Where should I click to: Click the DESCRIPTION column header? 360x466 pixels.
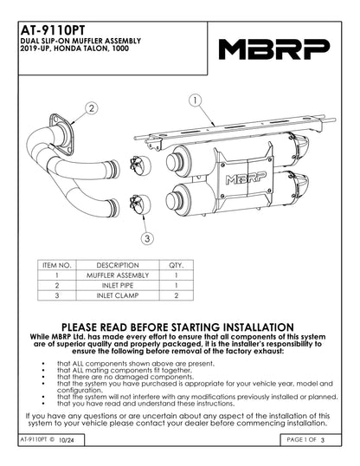(118, 264)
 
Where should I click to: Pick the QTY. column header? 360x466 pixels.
(177, 264)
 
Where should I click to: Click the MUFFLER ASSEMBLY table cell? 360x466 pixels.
(118, 274)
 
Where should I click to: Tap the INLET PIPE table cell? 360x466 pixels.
(118, 284)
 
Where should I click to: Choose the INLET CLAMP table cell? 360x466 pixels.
(118, 294)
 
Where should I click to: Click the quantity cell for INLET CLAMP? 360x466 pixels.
(177, 294)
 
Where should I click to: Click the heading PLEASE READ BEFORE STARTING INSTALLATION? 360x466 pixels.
(180, 326)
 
